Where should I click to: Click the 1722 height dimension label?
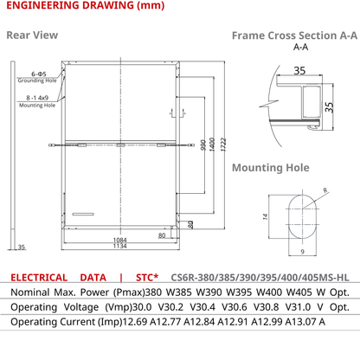tap(223, 145)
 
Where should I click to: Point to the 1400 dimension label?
tap(212, 145)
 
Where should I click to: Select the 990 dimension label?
tap(203, 145)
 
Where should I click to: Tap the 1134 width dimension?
tap(120, 246)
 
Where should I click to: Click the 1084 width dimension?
tap(120, 240)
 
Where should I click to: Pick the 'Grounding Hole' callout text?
tap(37, 80)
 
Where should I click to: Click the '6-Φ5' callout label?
tap(39, 74)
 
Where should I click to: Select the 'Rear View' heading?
tap(32, 35)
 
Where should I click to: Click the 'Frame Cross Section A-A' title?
tap(294, 35)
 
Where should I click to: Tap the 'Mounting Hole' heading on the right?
tap(271, 168)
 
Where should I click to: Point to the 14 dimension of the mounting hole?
tap(266, 216)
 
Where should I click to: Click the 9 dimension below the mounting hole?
tap(302, 252)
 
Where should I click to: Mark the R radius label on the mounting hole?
tap(325, 190)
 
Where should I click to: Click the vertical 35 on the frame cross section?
tap(329, 106)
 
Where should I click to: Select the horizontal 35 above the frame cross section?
tap(299, 71)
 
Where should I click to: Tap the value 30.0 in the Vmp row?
tap(142, 307)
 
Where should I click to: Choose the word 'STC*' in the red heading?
tap(147, 278)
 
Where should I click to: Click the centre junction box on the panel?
tap(120, 145)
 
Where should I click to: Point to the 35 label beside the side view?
tap(22, 247)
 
